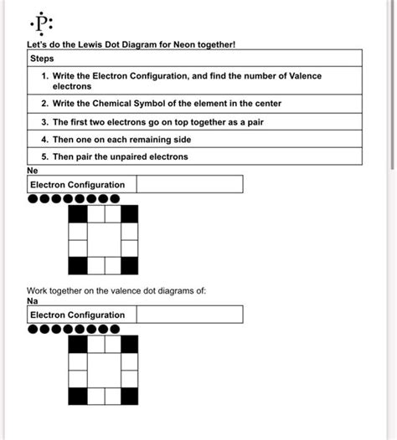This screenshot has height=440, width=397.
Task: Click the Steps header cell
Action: point(42,59)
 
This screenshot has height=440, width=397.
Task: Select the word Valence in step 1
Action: point(300,75)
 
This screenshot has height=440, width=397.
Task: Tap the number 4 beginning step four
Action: point(43,139)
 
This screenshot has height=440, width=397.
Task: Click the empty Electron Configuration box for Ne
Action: point(189,184)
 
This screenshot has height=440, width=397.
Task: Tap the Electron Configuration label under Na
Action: point(77,315)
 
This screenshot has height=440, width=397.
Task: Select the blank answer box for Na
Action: point(189,315)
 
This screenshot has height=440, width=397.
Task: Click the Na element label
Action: point(33,300)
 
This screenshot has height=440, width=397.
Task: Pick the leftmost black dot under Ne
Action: point(33,199)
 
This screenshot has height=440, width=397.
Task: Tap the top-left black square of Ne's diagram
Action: point(77,213)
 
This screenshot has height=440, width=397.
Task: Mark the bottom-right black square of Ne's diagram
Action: point(129,266)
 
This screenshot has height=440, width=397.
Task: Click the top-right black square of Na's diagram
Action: point(129,344)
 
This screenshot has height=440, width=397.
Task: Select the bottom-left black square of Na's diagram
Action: point(77,397)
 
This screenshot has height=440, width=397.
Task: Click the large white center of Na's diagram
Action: point(103,370)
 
